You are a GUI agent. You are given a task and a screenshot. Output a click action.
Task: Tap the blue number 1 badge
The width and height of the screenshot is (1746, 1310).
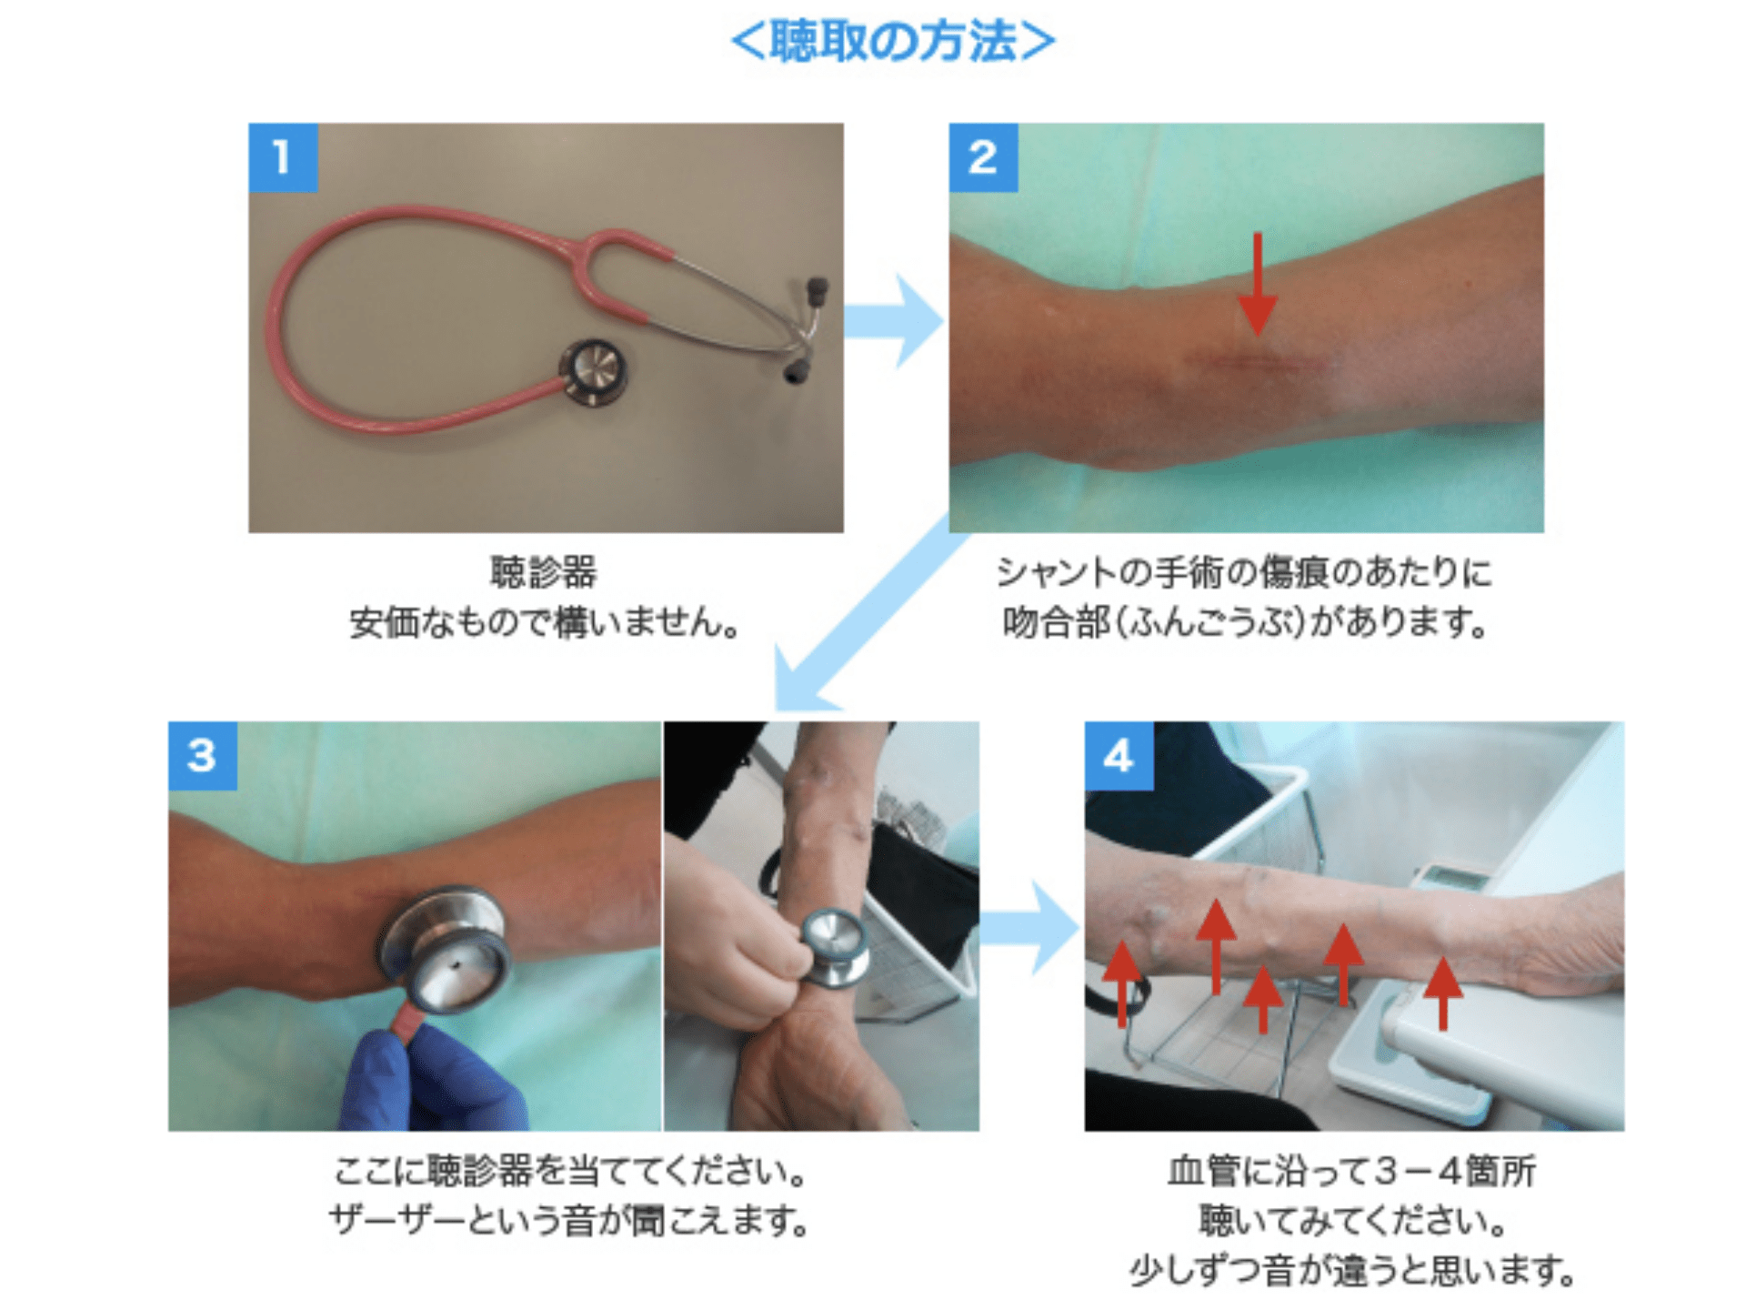(283, 157)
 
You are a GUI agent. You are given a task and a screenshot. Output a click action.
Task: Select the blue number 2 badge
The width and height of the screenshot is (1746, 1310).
(983, 157)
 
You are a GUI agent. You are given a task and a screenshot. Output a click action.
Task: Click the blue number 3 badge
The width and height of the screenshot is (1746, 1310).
(202, 755)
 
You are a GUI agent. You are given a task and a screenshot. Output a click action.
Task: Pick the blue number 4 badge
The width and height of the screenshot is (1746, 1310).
(1119, 755)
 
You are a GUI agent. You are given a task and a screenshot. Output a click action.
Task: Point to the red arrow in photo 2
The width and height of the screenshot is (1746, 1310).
(1258, 283)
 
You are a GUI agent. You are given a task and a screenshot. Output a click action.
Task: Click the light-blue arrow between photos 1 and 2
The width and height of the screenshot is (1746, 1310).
(892, 320)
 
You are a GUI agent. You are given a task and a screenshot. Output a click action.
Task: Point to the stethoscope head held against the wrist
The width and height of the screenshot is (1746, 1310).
(834, 946)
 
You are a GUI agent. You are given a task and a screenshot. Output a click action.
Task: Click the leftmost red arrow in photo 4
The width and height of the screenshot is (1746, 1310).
(1122, 982)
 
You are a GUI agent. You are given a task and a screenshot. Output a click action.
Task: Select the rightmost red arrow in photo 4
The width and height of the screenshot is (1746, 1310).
(1443, 992)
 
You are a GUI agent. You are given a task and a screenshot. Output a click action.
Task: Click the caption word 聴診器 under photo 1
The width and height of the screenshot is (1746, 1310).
(544, 572)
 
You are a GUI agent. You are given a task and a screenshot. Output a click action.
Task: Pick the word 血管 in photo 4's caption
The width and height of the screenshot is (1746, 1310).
(1204, 1171)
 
